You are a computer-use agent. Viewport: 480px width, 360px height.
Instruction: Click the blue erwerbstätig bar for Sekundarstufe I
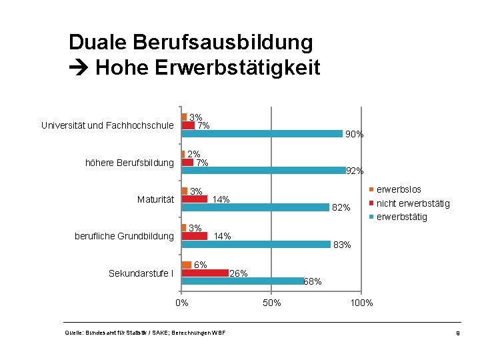pyautogui.click(x=243, y=281)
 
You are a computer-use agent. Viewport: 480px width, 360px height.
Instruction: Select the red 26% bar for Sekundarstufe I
pyautogui.click(x=205, y=273)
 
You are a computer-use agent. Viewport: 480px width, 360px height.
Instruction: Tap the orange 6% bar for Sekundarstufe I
pyautogui.click(x=187, y=265)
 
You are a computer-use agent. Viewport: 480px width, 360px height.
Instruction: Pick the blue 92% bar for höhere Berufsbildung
pyautogui.click(x=264, y=170)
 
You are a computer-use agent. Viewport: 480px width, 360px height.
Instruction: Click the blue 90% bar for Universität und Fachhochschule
pyautogui.click(x=262, y=133)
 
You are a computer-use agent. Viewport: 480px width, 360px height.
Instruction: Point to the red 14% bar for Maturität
pyautogui.click(x=195, y=199)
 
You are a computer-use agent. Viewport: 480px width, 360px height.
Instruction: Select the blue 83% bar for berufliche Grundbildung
pyautogui.click(x=256, y=244)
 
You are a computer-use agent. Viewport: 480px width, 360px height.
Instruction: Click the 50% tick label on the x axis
pyautogui.click(x=271, y=303)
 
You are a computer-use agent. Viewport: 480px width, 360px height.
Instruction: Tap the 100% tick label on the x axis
pyautogui.click(x=361, y=303)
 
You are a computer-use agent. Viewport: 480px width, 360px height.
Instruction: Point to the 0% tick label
pyautogui.click(x=182, y=303)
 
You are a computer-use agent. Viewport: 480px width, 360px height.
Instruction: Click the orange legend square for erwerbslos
pyautogui.click(x=371, y=189)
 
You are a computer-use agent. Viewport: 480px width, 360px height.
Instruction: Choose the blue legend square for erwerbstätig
pyautogui.click(x=371, y=217)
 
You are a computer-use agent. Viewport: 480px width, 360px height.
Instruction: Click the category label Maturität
pyautogui.click(x=155, y=199)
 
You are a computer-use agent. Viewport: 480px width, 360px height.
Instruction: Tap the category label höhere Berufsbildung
pyautogui.click(x=129, y=163)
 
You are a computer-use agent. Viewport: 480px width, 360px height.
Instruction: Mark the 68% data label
pyautogui.click(x=313, y=281)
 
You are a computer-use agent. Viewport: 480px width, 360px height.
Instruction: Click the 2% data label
pyautogui.click(x=194, y=154)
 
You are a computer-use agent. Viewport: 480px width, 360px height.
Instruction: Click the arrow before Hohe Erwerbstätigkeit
pyautogui.click(x=79, y=67)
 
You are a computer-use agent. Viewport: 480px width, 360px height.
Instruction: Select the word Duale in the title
pyautogui.click(x=97, y=42)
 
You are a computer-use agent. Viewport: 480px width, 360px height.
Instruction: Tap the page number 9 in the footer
pyautogui.click(x=458, y=333)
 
